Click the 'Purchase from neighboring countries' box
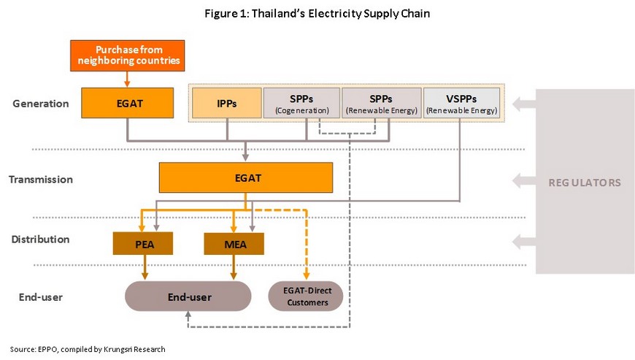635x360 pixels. [128, 55]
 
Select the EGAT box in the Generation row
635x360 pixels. [128, 103]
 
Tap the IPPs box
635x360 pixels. [227, 103]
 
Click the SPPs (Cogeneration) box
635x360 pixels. [301, 103]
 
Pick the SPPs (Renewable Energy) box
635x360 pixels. [382, 103]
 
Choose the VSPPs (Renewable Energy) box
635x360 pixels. [461, 103]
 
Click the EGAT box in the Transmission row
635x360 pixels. [246, 177]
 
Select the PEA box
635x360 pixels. [143, 243]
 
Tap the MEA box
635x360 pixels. [234, 243]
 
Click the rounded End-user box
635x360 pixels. [188, 296]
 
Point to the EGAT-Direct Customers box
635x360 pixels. [306, 296]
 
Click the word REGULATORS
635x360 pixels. [585, 183]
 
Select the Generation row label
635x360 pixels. [40, 104]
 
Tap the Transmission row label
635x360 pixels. [41, 180]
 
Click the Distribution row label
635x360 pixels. [40, 240]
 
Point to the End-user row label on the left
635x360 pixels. [40, 297]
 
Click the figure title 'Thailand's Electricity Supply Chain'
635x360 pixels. [317, 14]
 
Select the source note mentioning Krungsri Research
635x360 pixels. [88, 349]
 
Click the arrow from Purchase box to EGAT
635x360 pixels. [127, 80]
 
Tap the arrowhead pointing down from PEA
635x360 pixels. [145, 276]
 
